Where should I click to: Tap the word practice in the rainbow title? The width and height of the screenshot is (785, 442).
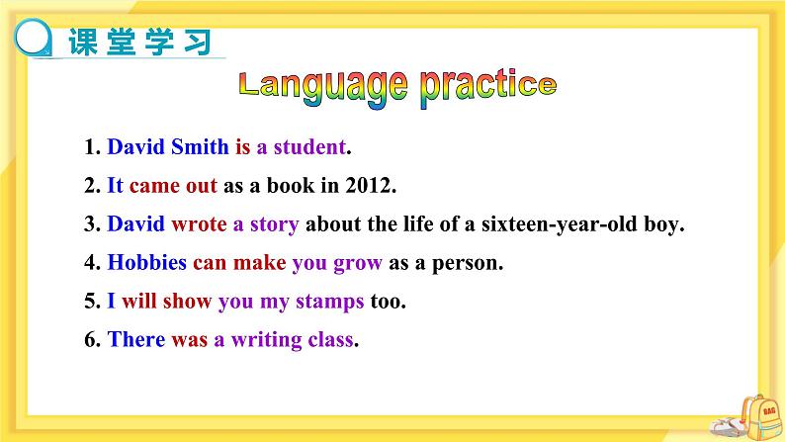click(488, 87)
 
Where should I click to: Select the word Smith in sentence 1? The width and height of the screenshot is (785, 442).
click(200, 146)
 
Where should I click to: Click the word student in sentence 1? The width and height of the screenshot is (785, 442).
click(309, 146)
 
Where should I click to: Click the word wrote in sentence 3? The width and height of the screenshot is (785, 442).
click(199, 223)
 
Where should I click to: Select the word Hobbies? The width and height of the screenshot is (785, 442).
click(146, 262)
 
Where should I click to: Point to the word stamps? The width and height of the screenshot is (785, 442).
click(329, 302)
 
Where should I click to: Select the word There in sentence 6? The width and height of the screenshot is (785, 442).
click(136, 339)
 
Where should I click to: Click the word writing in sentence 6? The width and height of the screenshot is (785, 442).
click(266, 340)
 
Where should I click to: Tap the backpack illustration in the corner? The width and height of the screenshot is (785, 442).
click(760, 417)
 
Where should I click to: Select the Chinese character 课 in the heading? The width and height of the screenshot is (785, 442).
click(83, 42)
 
